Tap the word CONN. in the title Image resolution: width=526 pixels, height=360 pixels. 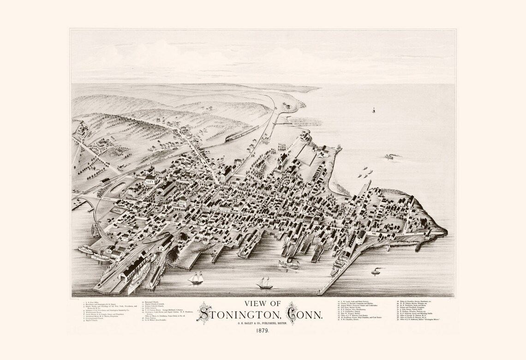click(307, 316)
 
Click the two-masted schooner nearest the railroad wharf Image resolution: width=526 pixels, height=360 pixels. click(196, 278)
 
